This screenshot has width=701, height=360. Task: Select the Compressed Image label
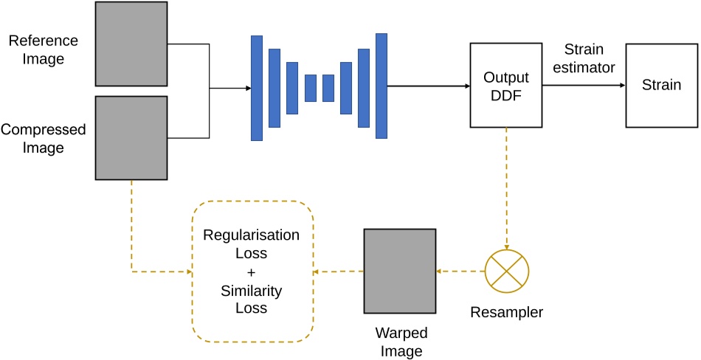pyautogui.click(x=44, y=138)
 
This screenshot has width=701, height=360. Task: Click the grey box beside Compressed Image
pyautogui.click(x=131, y=137)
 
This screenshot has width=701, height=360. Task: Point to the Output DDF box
pyautogui.click(x=506, y=85)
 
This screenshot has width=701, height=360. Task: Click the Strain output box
pyautogui.click(x=661, y=85)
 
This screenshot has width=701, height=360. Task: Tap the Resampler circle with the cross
pyautogui.click(x=506, y=270)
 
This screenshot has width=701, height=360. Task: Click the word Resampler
pyautogui.click(x=506, y=312)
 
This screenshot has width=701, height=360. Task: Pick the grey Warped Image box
pyautogui.click(x=399, y=270)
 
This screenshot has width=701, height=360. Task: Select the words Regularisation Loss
pyautogui.click(x=252, y=244)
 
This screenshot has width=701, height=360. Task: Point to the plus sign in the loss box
pyautogui.click(x=252, y=272)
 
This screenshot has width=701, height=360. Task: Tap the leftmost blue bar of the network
pyautogui.click(x=257, y=87)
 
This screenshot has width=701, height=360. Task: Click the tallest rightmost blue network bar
pyautogui.click(x=381, y=86)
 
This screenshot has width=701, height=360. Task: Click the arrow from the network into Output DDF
pyautogui.click(x=428, y=86)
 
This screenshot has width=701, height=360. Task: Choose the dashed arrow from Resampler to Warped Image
pyautogui.click(x=460, y=271)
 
